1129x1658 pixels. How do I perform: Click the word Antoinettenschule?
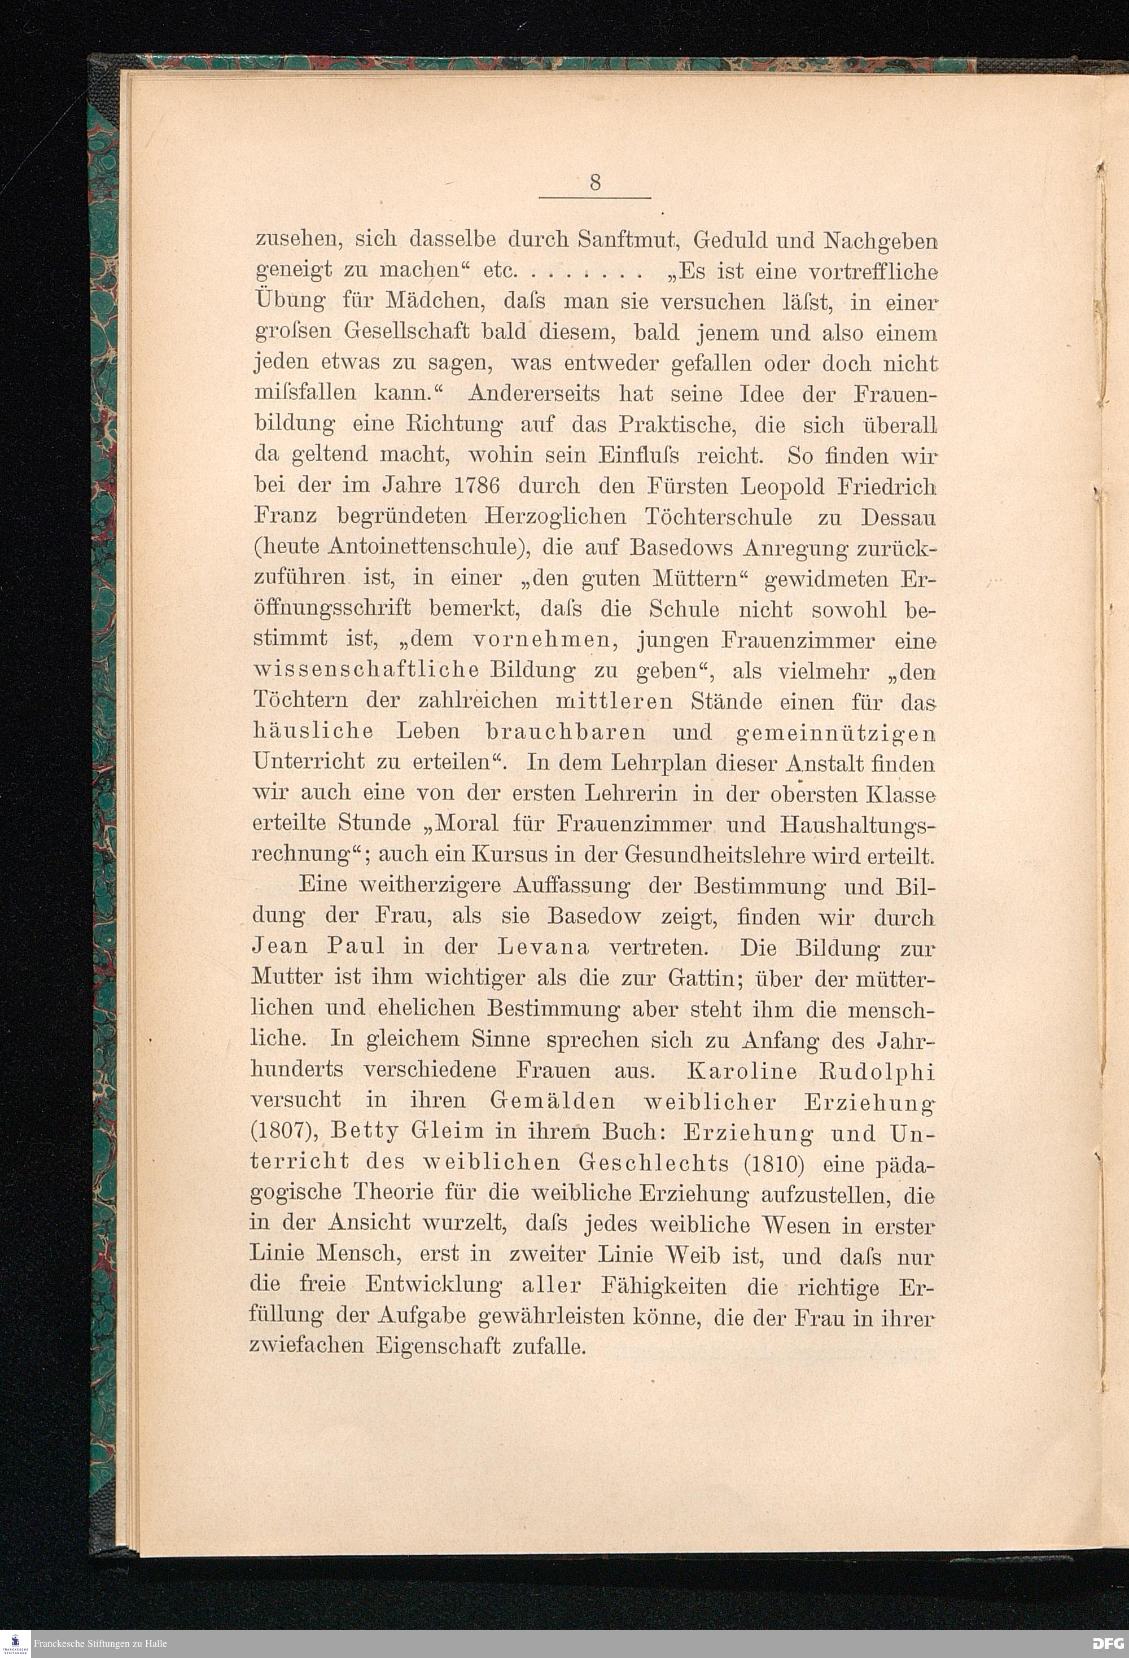(423, 548)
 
